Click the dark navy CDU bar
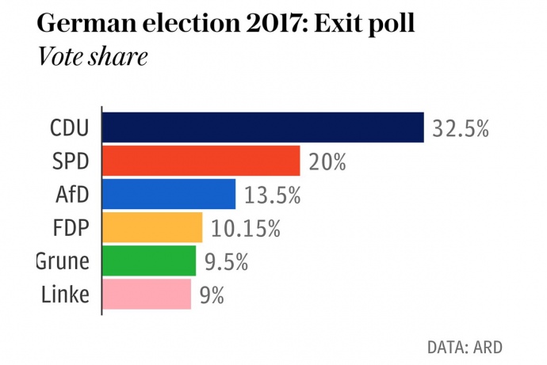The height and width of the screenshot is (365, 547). pos(263,127)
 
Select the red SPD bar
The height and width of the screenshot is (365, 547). pos(201,161)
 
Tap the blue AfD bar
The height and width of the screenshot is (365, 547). pos(169,194)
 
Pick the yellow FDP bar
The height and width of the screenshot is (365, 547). pos(152,227)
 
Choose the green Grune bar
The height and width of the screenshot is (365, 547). pos(149,260)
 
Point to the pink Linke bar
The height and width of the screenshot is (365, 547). pos(147,294)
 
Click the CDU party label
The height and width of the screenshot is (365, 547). pos(69,128)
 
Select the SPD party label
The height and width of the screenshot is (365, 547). pos(69,162)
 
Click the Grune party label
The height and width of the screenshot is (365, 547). pos(63,261)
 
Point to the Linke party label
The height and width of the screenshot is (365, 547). pos(64,295)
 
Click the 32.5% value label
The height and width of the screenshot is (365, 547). pos(461,128)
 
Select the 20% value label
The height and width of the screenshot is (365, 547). pos(327,162)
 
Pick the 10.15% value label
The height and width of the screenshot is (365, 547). pos(246,228)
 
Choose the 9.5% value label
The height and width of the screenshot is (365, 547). pos(228,261)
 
